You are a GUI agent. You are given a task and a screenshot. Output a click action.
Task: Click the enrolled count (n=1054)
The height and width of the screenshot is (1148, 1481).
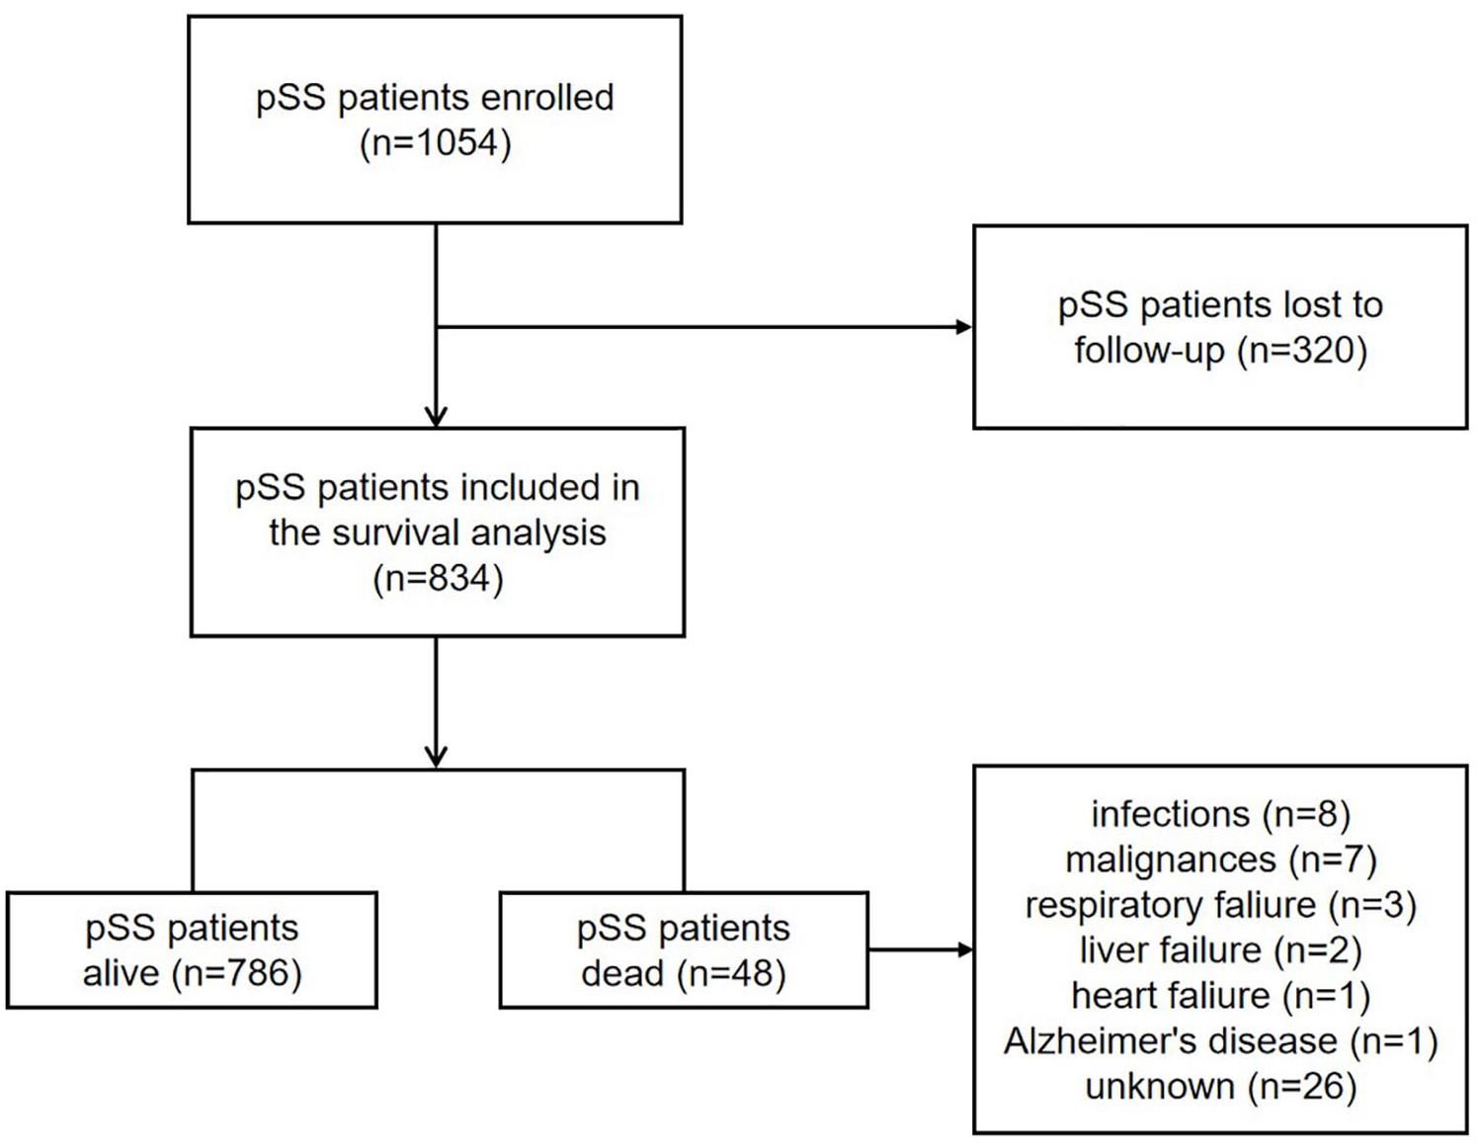pyautogui.click(x=435, y=144)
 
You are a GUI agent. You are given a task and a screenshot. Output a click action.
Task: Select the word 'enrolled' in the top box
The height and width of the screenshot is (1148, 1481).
pyautogui.click(x=546, y=98)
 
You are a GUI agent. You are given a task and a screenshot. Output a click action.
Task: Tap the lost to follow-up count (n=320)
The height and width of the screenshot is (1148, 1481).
pyautogui.click(x=1302, y=351)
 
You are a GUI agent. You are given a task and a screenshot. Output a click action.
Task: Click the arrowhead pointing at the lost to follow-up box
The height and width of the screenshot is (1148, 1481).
pyautogui.click(x=963, y=327)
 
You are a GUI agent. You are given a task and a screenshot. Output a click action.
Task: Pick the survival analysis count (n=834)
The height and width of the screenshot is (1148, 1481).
pyautogui.click(x=438, y=579)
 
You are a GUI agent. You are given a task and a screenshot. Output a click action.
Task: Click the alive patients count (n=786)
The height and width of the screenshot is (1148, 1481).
pyautogui.click(x=236, y=973)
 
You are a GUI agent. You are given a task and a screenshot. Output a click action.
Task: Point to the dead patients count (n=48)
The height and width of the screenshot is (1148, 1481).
pyautogui.click(x=731, y=973)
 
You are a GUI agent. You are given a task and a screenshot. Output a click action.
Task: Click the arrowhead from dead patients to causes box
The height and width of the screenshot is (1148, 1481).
pyautogui.click(x=964, y=949)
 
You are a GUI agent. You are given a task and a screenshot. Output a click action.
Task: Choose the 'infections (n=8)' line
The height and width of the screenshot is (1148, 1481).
pyautogui.click(x=1220, y=814)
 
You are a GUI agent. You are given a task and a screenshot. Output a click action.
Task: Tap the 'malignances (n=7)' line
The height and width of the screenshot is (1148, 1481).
pyautogui.click(x=1220, y=860)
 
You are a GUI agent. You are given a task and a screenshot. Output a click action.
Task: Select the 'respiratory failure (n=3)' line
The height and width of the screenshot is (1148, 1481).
pyautogui.click(x=1220, y=905)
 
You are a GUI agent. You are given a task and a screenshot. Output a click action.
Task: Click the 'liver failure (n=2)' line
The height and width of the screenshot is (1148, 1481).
pyautogui.click(x=1220, y=950)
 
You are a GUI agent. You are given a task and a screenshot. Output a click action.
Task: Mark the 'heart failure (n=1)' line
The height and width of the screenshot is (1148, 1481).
pyautogui.click(x=1220, y=996)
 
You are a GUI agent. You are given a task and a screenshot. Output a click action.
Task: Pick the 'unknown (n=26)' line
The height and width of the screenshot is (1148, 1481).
pyautogui.click(x=1220, y=1087)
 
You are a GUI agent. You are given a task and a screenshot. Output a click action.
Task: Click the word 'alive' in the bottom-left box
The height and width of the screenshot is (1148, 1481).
pyautogui.click(x=121, y=973)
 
